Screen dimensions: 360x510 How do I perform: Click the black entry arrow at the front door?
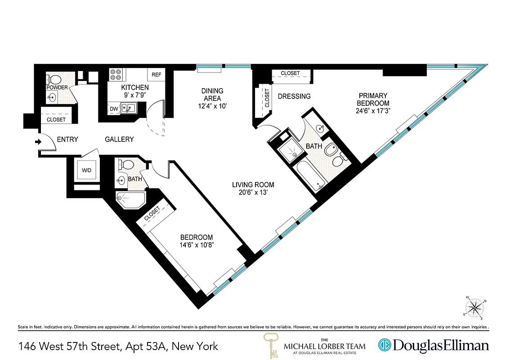(38, 142)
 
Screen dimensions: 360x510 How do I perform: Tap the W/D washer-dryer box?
(86, 171)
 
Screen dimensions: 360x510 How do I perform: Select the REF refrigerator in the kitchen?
(157, 75)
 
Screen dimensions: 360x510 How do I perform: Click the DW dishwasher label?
(113, 108)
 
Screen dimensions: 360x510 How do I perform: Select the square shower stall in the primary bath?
(291, 152)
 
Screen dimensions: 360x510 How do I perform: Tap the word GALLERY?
(119, 139)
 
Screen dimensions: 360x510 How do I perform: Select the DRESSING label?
(294, 96)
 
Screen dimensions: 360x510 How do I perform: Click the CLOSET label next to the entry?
(56, 120)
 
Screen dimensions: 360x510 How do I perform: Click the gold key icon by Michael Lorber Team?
(271, 345)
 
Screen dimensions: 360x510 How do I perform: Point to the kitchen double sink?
(128, 108)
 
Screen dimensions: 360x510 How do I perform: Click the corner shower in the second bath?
(129, 198)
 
